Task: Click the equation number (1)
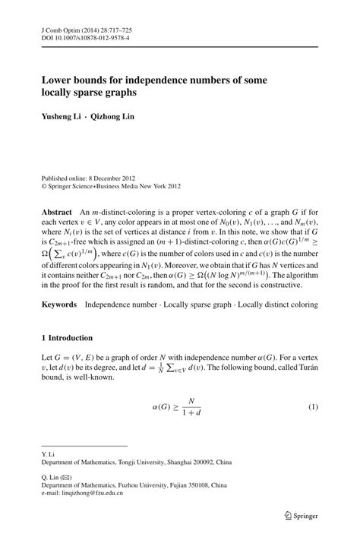(311, 408)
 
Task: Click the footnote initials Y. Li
(47, 453)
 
